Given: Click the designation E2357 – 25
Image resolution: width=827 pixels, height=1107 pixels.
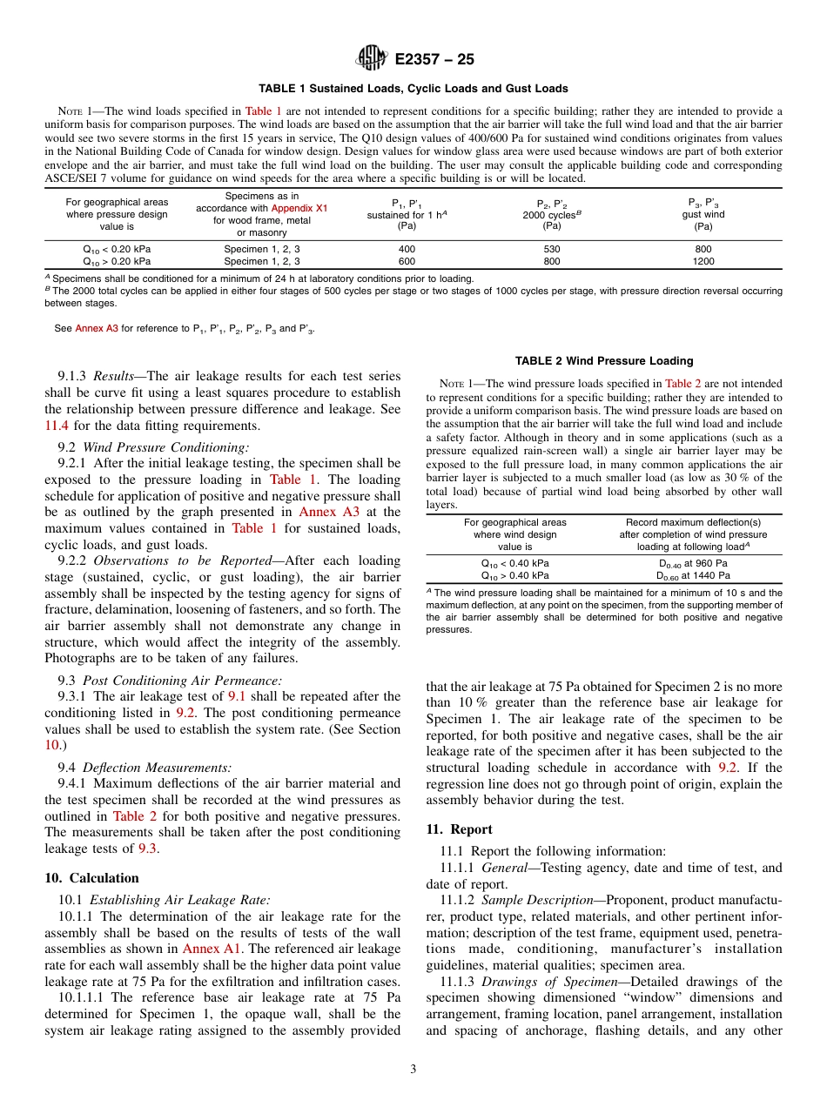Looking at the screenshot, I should [x=434, y=59].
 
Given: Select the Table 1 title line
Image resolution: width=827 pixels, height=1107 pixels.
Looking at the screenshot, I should [x=413, y=89].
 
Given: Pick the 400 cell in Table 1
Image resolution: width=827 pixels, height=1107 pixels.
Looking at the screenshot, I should [x=407, y=249].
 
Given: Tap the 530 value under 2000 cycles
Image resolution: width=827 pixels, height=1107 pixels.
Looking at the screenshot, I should [x=552, y=249].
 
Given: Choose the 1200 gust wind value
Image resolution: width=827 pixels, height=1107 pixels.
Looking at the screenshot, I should [x=703, y=260].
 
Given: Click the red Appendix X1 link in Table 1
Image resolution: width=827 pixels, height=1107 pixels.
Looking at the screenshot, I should [x=299, y=209].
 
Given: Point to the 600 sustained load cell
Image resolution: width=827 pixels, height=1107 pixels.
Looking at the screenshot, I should [x=407, y=260].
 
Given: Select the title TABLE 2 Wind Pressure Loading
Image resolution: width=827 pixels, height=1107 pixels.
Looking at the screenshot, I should [x=604, y=360].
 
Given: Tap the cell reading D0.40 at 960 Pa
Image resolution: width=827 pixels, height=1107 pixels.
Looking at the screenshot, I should [x=691, y=563].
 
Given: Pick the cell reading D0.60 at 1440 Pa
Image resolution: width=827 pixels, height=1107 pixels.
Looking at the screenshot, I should [x=691, y=575].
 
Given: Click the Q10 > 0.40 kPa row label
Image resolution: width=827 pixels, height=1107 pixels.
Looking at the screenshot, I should [x=515, y=575].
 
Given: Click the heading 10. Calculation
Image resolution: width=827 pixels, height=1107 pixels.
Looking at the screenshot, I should [x=91, y=878].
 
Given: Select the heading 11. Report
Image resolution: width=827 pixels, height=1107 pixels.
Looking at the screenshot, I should [x=459, y=829].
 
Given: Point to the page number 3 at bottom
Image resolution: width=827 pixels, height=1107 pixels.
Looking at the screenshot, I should [x=413, y=1070].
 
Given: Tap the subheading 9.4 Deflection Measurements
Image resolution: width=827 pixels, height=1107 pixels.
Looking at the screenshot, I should [x=145, y=767].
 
